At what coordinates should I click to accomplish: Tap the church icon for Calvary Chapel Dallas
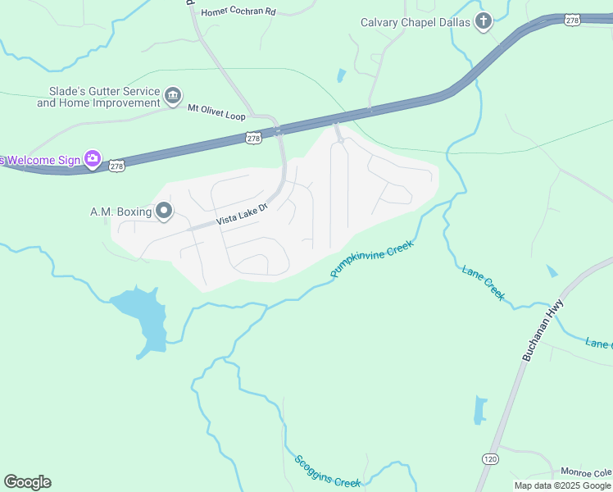(x=484, y=21)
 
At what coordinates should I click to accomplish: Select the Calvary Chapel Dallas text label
(x=415, y=22)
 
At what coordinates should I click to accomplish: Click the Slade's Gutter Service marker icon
(x=173, y=97)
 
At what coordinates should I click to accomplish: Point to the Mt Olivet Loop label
(x=216, y=112)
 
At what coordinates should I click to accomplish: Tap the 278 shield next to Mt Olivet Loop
(x=253, y=139)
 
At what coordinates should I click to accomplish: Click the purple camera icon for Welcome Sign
(x=93, y=158)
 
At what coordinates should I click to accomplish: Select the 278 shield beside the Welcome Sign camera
(x=117, y=166)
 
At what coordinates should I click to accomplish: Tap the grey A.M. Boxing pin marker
(x=164, y=212)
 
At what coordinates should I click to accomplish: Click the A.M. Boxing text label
(x=120, y=212)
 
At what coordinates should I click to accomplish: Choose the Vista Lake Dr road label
(x=242, y=216)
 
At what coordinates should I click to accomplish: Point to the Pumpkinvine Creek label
(x=372, y=258)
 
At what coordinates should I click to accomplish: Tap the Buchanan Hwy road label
(x=543, y=330)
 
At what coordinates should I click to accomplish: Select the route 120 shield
(x=490, y=458)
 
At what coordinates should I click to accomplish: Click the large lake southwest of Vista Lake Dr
(x=143, y=316)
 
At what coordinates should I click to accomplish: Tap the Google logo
(x=27, y=481)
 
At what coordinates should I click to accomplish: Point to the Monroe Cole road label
(x=586, y=472)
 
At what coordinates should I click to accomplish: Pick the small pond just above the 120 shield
(x=479, y=409)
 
